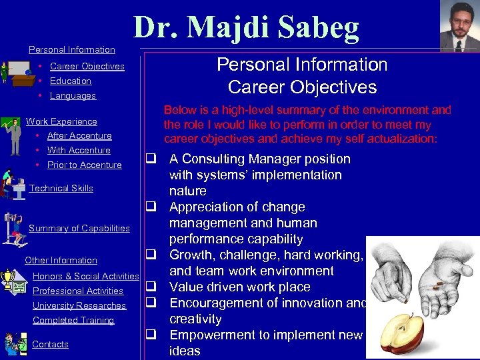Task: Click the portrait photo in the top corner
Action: [x=459, y=26]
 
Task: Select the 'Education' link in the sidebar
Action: [x=70, y=81]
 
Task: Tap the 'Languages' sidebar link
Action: [x=73, y=95]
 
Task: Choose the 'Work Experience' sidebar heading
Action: [x=61, y=121]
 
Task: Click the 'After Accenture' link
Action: [x=79, y=135]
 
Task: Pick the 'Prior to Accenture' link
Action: [x=84, y=165]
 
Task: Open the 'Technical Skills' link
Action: [x=61, y=188]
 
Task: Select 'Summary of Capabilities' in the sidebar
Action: [x=79, y=228]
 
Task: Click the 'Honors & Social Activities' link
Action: [x=85, y=276]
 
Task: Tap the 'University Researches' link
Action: [x=79, y=305]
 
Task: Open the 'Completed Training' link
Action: [x=73, y=320]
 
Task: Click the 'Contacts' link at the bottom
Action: [x=50, y=344]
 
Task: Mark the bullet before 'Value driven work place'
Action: [x=151, y=287]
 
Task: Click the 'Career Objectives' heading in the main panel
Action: [x=302, y=87]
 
